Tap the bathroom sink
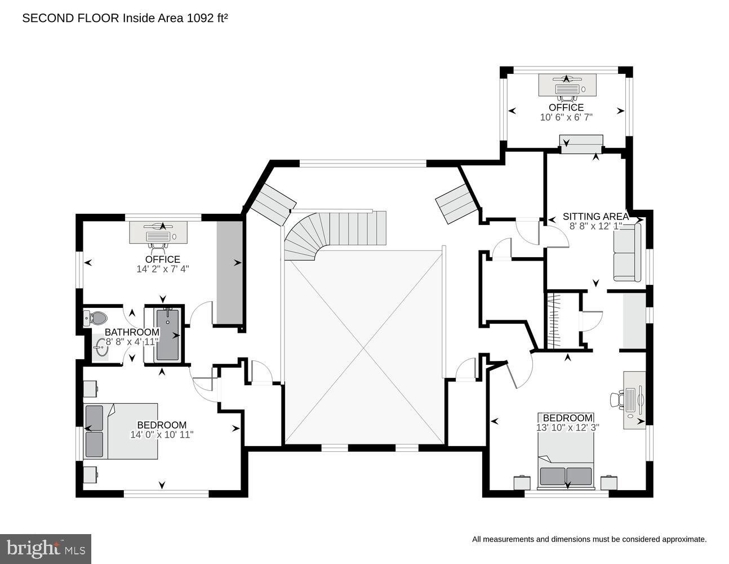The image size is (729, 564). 101,347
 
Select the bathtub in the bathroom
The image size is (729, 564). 167,335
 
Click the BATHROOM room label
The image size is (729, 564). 132,332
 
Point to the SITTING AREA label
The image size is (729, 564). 595,217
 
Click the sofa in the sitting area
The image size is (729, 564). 627,252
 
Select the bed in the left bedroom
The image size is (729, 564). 121,431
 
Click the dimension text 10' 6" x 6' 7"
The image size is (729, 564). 566,117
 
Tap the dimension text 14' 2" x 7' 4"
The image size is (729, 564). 162,269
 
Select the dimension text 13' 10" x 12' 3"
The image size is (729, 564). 567,428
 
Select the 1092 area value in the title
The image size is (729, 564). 198,18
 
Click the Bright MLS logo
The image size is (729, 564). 46,549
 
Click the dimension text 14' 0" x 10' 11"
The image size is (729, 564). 162,435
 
